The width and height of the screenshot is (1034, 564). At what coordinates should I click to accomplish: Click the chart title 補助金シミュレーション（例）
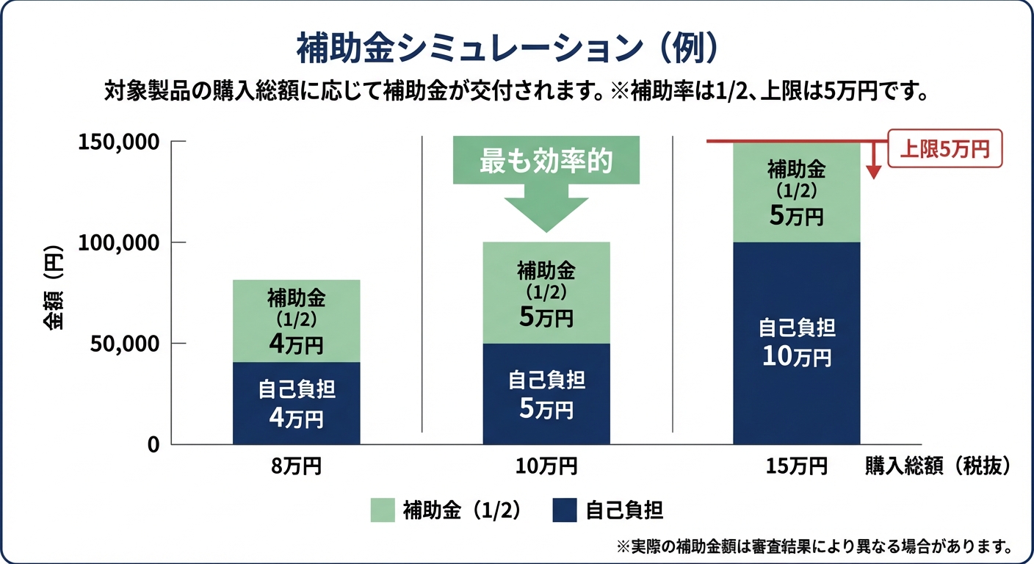tap(506, 50)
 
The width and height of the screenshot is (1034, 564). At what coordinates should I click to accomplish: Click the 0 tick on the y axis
tap(153, 444)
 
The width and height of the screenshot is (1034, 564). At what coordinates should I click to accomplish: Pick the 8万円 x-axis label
tap(296, 466)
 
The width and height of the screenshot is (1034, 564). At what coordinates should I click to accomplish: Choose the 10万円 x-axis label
tap(546, 466)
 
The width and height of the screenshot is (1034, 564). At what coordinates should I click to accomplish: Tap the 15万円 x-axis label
tap(796, 466)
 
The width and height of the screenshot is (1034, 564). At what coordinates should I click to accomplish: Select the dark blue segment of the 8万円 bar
tap(296, 403)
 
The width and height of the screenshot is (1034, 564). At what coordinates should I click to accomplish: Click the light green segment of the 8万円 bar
tap(296, 321)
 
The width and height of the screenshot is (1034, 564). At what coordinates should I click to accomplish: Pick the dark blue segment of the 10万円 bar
tap(546, 394)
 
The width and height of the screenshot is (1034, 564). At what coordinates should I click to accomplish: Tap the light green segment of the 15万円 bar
tap(796, 192)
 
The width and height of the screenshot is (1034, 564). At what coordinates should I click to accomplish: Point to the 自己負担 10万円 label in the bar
tap(796, 342)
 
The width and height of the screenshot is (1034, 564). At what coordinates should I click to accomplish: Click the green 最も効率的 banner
tap(546, 161)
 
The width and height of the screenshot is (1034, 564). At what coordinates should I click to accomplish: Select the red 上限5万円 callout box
tap(944, 149)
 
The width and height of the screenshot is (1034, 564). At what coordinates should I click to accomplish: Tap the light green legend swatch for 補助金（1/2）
tap(383, 510)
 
